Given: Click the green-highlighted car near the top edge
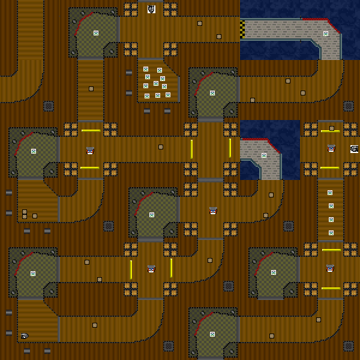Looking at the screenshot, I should click(x=151, y=9).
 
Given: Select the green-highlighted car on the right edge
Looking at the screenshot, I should click(x=355, y=149).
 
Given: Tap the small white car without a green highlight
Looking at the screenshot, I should click(x=24, y=335).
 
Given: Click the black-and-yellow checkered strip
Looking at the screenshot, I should click(x=242, y=28).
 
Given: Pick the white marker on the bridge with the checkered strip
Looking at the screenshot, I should click(x=326, y=34).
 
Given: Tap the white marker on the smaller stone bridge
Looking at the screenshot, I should click(x=264, y=155).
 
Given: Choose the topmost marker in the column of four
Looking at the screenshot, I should click(x=330, y=193).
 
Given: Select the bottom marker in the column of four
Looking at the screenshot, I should click(x=331, y=232).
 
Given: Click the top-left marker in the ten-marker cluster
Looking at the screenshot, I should click(x=146, y=69).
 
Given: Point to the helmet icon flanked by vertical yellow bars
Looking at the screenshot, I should click(x=151, y=269).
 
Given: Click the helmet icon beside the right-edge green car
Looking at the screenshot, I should click(x=331, y=148).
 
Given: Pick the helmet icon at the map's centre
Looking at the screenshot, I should click(x=213, y=211).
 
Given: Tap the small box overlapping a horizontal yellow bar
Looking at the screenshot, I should click(x=332, y=128).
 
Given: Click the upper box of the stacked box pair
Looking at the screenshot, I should click(x=25, y=212).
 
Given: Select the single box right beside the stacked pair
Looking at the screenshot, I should click(x=35, y=216).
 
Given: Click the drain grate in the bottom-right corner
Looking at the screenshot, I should click(x=349, y=346).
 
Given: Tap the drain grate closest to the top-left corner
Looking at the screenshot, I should click(x=49, y=106).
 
